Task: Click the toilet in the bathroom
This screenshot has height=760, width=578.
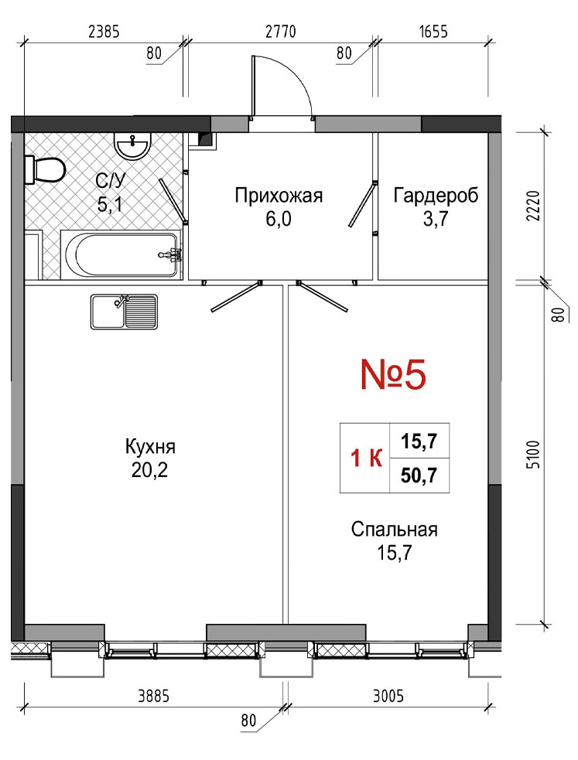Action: (45, 169)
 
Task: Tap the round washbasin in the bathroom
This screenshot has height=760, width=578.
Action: (132, 145)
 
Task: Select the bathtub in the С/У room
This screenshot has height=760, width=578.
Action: (121, 254)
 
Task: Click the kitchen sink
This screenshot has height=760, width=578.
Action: (124, 312)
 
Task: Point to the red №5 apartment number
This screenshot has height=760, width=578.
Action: (393, 375)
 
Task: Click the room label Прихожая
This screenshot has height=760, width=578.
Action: (279, 196)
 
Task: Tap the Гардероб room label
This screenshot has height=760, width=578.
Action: (436, 196)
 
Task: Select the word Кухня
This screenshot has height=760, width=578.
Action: (150, 446)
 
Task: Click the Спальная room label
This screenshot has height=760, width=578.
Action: (394, 530)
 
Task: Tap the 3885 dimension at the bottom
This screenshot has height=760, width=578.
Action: (154, 697)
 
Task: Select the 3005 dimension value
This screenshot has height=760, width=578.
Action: (388, 697)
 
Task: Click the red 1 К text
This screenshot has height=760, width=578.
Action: (366, 458)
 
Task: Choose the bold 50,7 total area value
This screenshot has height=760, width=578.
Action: (419, 475)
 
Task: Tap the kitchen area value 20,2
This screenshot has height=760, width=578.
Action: (149, 469)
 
